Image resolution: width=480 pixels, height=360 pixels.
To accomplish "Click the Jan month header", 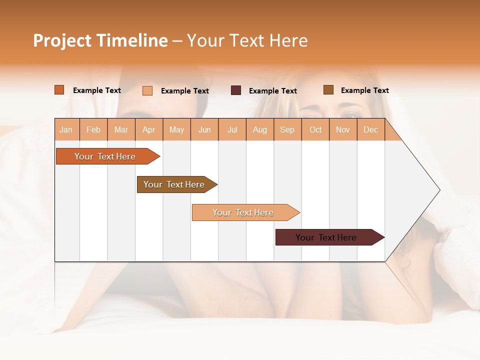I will tap(66, 129).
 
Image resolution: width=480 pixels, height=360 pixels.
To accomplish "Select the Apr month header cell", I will tap(149, 129).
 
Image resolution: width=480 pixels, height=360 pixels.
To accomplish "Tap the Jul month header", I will tap(232, 129).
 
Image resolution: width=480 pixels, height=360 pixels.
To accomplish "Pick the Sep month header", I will tap(287, 129).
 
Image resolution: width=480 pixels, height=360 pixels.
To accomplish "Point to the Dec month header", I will tap(370, 129).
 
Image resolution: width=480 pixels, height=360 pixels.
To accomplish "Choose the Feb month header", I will tap(93, 129).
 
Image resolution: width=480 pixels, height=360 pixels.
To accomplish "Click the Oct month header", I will tap(315, 129).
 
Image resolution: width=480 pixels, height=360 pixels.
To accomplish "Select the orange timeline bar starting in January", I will tap(105, 156).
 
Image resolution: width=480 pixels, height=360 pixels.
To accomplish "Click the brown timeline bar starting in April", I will tap(174, 184).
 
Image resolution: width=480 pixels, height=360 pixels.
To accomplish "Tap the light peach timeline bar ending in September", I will tap(243, 212).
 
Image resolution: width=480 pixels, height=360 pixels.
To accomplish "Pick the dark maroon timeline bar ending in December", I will tap(326, 237).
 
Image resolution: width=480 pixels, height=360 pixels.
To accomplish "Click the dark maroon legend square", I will tap(236, 90).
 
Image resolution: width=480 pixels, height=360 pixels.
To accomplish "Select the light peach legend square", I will tap(147, 90).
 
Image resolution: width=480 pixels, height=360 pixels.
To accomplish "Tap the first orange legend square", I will tap(59, 90).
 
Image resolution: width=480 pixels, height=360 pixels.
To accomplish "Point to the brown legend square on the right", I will tap(328, 90).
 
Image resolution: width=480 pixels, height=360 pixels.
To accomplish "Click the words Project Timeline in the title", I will tap(100, 40).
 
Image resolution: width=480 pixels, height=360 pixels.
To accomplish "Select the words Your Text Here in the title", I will tap(247, 40).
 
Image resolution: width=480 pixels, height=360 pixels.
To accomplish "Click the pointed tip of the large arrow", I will tap(438, 190).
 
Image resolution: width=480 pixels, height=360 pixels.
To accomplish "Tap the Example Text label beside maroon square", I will tap(273, 90).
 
